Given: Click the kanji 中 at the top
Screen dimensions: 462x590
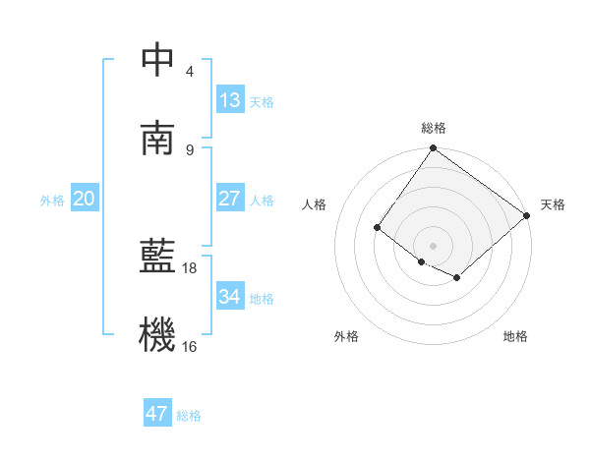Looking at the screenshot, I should [157, 59].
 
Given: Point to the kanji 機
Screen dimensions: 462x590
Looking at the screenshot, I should [157, 335].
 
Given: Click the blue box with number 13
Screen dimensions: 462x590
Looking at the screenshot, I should [230, 100].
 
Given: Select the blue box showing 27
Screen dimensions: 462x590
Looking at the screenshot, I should [230, 199].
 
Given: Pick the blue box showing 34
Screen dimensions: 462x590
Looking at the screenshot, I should [230, 297].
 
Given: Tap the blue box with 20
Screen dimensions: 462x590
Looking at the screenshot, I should [85, 199].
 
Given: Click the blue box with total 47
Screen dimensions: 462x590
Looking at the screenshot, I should [157, 414].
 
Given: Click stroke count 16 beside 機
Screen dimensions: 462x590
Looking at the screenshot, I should [190, 346].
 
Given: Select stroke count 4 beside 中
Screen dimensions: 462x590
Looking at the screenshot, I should [190, 71].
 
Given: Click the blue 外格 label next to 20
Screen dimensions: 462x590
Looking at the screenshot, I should [52, 201].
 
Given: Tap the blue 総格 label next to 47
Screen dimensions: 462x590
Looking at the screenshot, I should [189, 416].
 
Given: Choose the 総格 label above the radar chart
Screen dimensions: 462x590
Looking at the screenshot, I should [434, 128].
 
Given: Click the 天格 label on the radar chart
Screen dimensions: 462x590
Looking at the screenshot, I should [553, 204].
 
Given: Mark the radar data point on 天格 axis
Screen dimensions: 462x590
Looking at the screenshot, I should [527, 215].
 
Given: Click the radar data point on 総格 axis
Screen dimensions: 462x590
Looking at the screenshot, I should [434, 149].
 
